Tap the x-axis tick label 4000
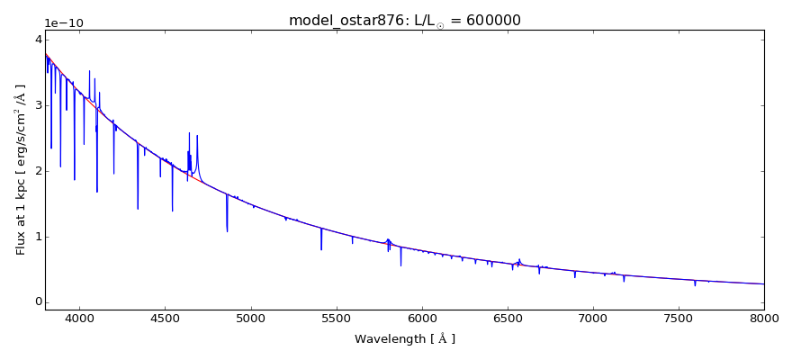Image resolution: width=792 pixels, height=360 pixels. [x=79, y=319]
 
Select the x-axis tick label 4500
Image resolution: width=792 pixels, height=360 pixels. [x=165, y=319]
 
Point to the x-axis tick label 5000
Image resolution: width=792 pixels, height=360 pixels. [x=250, y=319]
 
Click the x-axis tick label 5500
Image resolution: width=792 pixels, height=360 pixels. [x=336, y=319]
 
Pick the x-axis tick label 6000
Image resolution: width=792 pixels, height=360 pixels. [x=421, y=319]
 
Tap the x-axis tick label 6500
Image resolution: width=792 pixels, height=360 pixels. [x=507, y=319]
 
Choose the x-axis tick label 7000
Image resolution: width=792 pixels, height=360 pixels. [x=593, y=319]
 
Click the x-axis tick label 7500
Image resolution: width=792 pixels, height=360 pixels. [x=679, y=319]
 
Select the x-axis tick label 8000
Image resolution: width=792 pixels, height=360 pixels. [x=764, y=319]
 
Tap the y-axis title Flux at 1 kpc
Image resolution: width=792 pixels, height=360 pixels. [x=21, y=170]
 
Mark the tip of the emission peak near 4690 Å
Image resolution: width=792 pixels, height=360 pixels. [x=197, y=135]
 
